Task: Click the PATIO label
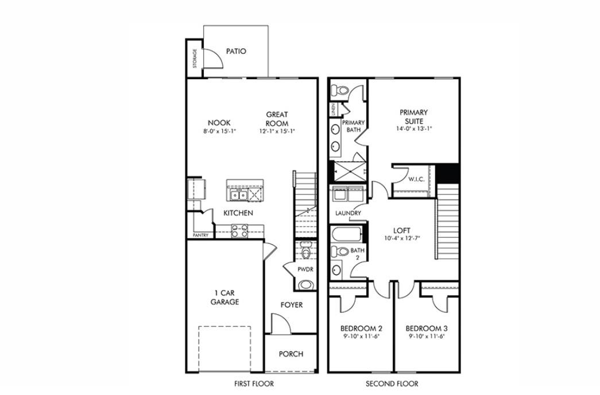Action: click(235, 51)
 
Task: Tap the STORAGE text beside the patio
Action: click(195, 59)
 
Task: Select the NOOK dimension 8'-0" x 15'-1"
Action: click(219, 131)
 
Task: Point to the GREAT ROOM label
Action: click(277, 119)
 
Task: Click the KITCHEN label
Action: click(238, 213)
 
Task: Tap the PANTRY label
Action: click(200, 235)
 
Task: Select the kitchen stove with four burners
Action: click(239, 231)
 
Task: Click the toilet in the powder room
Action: click(305, 251)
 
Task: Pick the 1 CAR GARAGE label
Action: click(224, 297)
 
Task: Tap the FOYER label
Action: click(291, 305)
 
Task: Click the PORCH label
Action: click(291, 354)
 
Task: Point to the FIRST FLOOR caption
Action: click(253, 384)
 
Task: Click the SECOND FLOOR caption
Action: click(392, 384)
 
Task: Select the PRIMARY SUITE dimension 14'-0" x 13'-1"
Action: click(413, 129)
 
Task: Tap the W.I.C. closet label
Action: click(416, 179)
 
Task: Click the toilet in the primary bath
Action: click(341, 89)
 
